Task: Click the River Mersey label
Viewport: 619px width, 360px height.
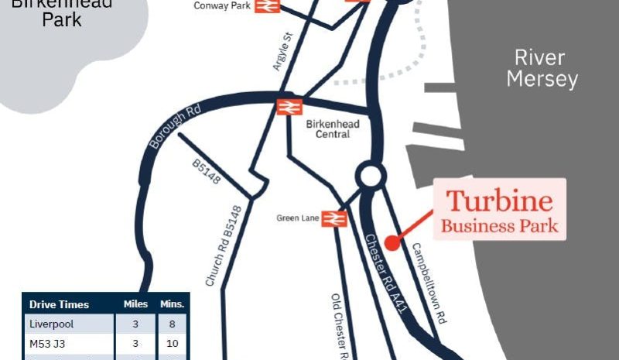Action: [x=546, y=68]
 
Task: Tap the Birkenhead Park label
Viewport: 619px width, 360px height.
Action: [x=62, y=12]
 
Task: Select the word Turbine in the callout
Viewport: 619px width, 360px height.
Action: [x=500, y=201]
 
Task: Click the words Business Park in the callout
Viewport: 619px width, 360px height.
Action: [x=499, y=226]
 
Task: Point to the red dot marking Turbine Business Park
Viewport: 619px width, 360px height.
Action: [x=392, y=243]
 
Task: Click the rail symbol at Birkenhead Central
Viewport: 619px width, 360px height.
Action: [x=289, y=106]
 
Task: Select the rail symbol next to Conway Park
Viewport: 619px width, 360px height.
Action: [x=268, y=5]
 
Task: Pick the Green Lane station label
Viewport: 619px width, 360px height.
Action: [x=297, y=218]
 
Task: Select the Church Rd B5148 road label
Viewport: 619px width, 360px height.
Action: [x=224, y=246]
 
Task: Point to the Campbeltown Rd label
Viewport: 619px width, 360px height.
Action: [x=429, y=284]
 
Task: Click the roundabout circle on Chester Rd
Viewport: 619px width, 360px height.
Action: [x=370, y=176]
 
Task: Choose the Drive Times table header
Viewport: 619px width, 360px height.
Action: [x=59, y=304]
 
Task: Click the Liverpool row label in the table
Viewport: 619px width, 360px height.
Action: [x=51, y=324]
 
